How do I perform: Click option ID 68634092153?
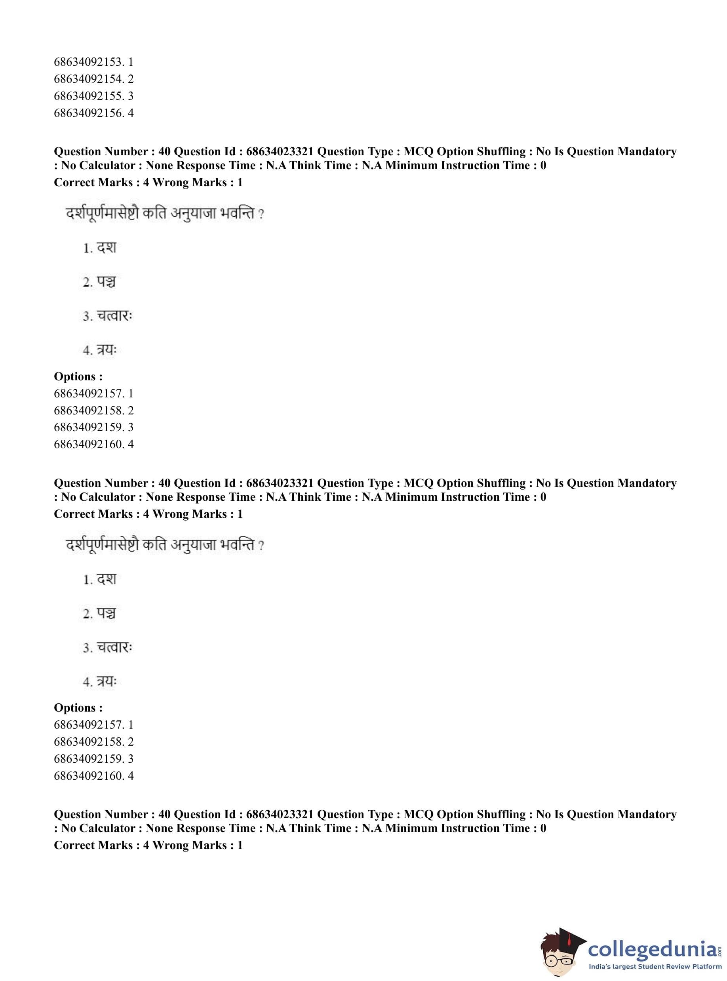tap(93, 62)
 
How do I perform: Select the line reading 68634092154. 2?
tap(93, 79)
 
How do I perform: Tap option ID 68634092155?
tap(93, 96)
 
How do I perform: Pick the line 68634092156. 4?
tap(93, 113)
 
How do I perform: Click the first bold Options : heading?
tap(78, 376)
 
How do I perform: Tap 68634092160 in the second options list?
tap(93, 776)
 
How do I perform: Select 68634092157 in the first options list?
tap(93, 393)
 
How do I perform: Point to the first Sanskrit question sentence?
tap(165, 214)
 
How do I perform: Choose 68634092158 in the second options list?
tap(93, 742)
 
